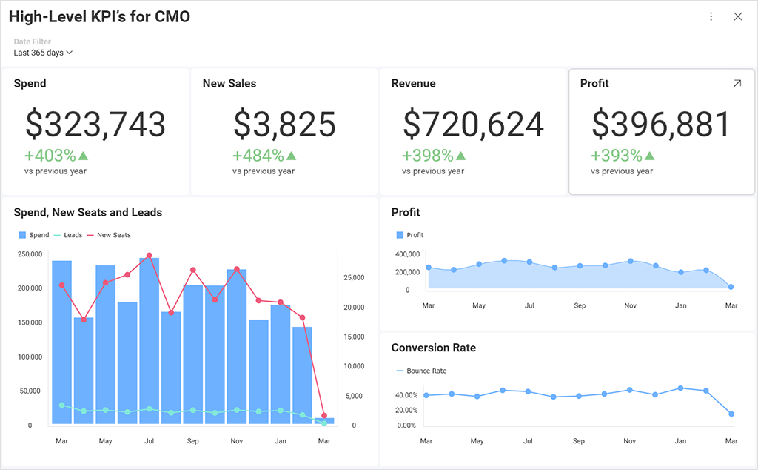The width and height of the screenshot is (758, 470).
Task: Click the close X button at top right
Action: click(737, 16)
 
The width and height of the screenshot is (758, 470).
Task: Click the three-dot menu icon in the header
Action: click(711, 16)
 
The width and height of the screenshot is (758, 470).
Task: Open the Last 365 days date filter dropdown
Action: click(43, 53)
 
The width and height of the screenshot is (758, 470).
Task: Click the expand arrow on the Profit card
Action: click(737, 84)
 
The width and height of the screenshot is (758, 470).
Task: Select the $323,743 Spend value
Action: click(95, 124)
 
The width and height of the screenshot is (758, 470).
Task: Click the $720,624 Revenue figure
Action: click(473, 124)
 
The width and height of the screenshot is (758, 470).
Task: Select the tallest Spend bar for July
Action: click(150, 341)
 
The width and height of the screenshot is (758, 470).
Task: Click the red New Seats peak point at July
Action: click(150, 255)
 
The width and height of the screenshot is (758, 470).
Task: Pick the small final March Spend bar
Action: click(324, 420)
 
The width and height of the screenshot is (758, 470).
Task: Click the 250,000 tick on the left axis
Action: click(30, 254)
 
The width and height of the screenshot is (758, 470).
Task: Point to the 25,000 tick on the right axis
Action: click(355, 278)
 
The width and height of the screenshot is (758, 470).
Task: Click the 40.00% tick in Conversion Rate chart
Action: click(406, 395)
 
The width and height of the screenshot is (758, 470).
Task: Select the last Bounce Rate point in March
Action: click(731, 414)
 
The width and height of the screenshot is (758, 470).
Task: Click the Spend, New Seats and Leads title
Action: click(87, 213)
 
